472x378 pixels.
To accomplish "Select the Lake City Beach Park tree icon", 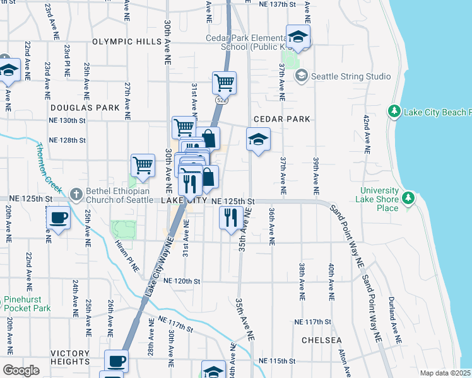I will pos(394,112).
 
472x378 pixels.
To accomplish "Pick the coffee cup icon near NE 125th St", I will pos(59,219).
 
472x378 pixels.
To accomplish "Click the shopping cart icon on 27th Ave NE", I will pos(143,166).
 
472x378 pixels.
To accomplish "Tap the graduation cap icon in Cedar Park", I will pos(258,139).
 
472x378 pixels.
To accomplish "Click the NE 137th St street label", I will pos(278,4).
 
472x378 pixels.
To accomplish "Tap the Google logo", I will pos(21,370).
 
